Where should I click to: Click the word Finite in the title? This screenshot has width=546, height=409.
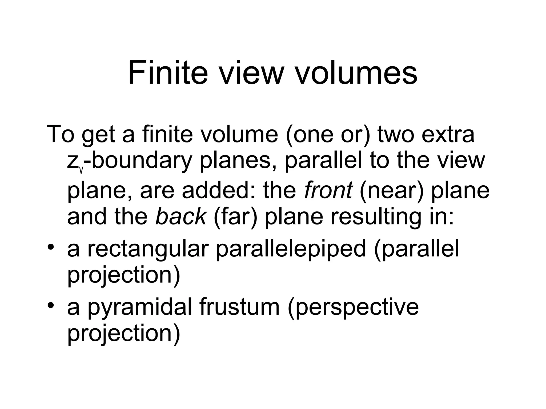(168, 73)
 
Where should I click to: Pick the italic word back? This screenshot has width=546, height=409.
(180, 216)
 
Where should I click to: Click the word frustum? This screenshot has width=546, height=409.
(239, 307)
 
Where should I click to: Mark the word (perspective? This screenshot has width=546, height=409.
(353, 307)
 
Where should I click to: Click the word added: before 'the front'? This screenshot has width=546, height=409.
(219, 190)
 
